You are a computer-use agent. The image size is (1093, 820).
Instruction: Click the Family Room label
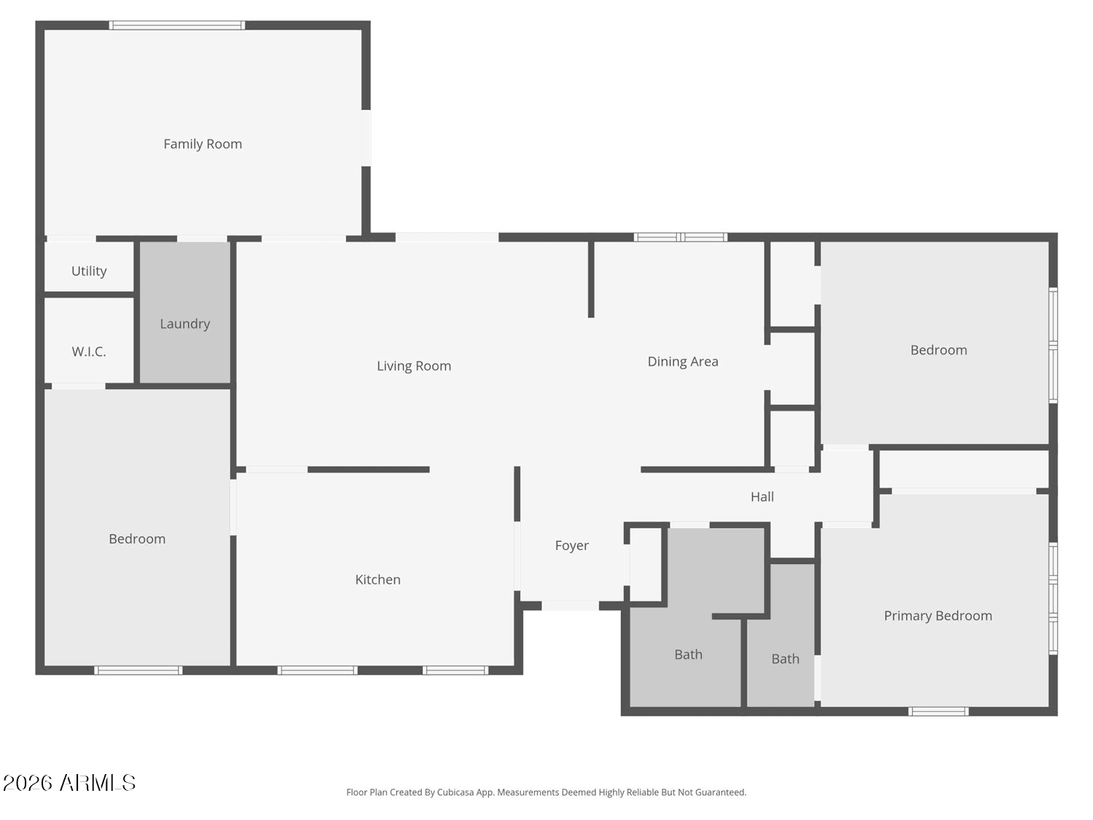[203, 144]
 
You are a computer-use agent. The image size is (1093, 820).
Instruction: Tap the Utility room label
[89, 271]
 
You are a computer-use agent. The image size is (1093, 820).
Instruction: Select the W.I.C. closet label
[89, 352]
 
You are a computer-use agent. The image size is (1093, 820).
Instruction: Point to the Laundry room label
[185, 324]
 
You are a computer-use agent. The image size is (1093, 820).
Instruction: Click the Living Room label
[414, 366]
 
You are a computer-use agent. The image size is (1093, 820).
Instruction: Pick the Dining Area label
[683, 362]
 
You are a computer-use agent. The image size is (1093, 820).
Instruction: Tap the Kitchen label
[377, 579]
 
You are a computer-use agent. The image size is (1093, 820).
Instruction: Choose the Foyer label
[571, 545]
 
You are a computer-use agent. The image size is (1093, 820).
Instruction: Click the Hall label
[762, 496]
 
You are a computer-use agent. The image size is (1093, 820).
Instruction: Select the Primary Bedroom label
[938, 616]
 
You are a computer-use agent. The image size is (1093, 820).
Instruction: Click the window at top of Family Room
[177, 26]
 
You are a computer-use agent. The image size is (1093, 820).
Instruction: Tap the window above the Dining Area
[681, 237]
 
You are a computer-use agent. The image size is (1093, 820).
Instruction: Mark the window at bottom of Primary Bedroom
[939, 711]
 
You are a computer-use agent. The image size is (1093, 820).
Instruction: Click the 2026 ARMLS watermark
[69, 783]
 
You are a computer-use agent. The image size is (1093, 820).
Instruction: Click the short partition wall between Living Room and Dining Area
[591, 280]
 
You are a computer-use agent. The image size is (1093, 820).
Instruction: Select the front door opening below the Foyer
[571, 606]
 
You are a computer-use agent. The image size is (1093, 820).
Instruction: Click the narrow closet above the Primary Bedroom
[964, 469]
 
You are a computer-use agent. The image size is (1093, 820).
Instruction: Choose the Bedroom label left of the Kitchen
[137, 539]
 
